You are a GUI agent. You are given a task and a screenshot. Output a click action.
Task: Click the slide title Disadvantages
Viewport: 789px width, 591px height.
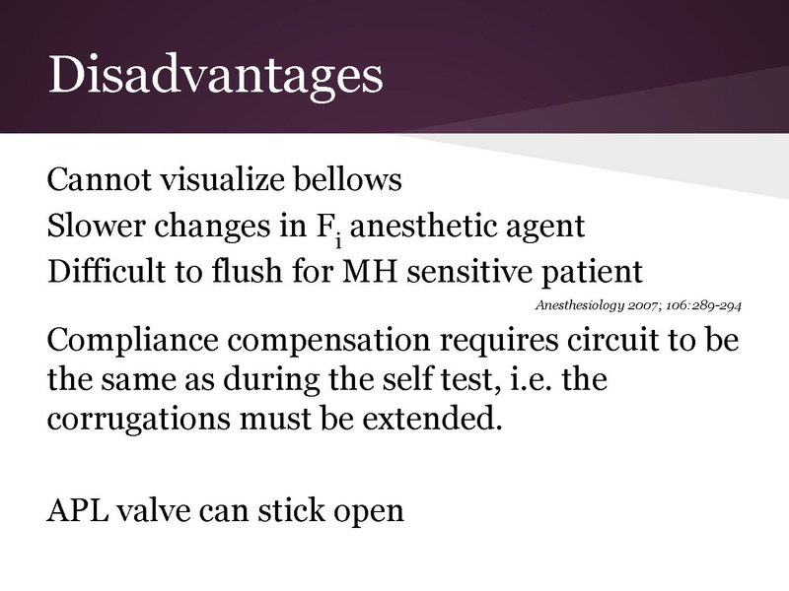coord(215,75)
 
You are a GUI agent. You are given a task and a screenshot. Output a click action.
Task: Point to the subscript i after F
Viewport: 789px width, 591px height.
coord(338,236)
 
